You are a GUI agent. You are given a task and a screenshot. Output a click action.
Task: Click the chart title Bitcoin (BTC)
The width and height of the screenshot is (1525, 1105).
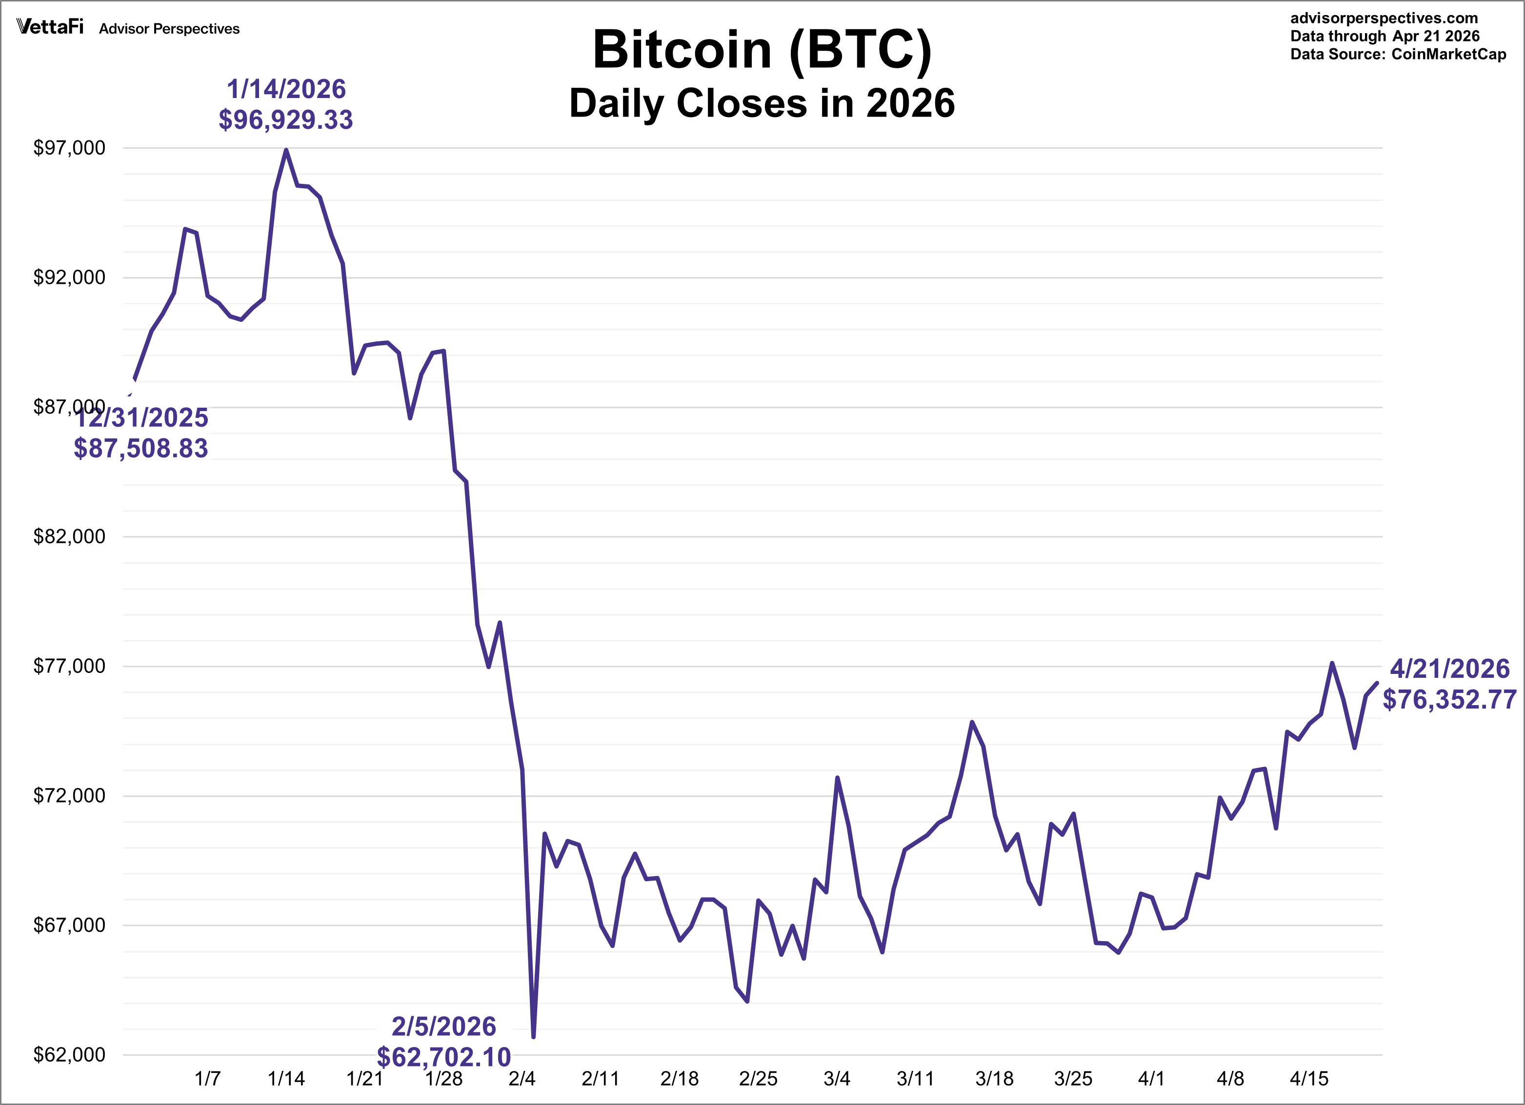(762, 50)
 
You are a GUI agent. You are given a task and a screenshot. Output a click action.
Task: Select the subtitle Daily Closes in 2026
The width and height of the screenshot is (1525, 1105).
(762, 103)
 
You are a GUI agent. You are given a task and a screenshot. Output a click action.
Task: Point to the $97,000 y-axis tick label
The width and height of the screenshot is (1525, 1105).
(69, 148)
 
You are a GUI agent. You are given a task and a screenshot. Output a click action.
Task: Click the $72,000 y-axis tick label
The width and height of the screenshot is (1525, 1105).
(69, 796)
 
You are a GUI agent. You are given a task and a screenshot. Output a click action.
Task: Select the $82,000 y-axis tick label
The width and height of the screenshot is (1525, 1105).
(69, 536)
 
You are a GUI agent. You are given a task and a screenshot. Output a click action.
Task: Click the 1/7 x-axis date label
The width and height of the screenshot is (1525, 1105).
(207, 1079)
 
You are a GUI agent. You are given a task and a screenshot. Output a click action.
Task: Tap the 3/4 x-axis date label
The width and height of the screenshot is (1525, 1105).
(837, 1079)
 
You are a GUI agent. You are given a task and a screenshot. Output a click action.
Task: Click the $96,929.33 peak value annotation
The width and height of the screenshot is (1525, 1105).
(286, 119)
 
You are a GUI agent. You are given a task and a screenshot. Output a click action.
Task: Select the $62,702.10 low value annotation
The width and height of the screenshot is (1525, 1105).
(444, 1057)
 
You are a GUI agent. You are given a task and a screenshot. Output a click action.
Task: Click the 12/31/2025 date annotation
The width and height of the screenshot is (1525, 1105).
(141, 418)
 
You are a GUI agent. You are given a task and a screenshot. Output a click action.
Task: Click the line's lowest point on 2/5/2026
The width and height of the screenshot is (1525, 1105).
(533, 1036)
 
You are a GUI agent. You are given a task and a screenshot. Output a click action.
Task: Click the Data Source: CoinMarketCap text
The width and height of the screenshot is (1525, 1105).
(1398, 55)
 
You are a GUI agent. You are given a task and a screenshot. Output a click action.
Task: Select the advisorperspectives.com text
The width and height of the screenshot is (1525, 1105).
(1384, 18)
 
